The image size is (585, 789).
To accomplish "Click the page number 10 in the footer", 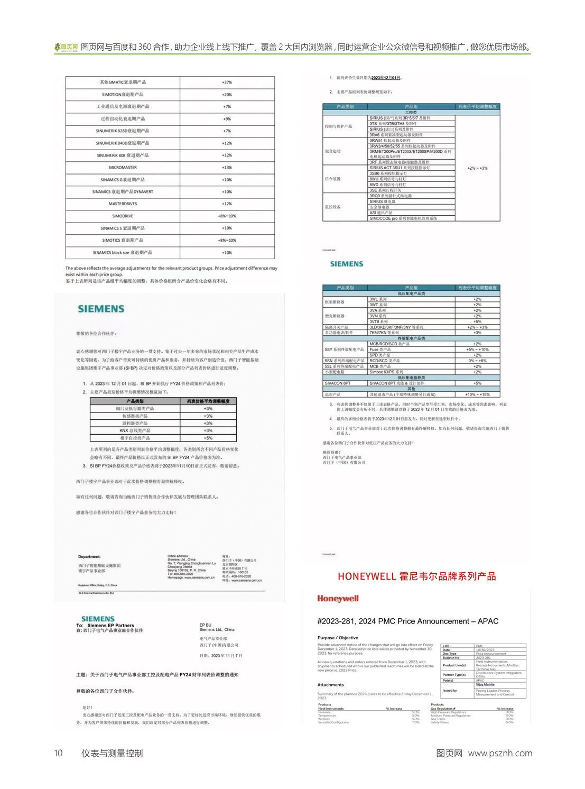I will [58, 753].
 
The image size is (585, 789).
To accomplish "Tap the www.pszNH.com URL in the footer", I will [500, 753].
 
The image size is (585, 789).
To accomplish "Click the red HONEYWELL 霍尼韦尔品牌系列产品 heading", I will [416, 576].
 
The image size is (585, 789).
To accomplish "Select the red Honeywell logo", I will [338, 599].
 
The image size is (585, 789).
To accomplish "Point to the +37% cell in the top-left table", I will [227, 82].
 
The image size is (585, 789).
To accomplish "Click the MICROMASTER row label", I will [123, 168].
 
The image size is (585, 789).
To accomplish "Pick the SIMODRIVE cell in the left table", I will [123, 216].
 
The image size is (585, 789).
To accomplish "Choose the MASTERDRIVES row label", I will [123, 204].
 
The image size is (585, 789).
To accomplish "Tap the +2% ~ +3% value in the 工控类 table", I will [477, 168].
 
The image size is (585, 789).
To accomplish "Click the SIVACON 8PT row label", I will [338, 383].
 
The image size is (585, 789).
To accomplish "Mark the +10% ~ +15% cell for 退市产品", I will [477, 394].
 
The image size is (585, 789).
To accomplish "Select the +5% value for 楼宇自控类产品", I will [208, 438].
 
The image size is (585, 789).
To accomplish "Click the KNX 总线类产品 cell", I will [135, 430].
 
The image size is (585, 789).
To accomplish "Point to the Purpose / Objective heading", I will [338, 638].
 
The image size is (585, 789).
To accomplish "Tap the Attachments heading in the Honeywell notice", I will [331, 685].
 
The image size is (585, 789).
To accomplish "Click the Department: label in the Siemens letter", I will [89, 556].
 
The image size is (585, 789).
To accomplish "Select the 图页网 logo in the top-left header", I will [66, 47].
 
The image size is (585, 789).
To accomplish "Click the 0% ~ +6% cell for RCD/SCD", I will [477, 361].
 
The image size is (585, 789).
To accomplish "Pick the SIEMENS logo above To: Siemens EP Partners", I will [98, 619].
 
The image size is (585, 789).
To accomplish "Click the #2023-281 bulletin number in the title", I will [337, 621].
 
